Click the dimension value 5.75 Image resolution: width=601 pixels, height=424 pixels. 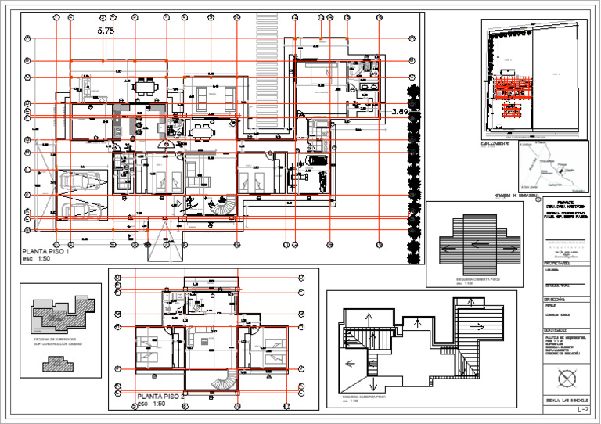tap(106, 31)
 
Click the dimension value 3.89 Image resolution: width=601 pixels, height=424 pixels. tap(400, 113)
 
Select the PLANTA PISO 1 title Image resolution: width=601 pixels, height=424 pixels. tap(47, 252)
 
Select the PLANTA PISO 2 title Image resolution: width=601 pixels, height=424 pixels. tap(161, 397)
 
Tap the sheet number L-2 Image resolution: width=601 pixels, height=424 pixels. tap(581, 409)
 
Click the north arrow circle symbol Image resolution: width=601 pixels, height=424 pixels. tap(565, 380)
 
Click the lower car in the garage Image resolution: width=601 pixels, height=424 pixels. tap(77, 206)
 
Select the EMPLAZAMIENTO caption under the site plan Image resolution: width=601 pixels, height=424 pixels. tap(496, 145)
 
